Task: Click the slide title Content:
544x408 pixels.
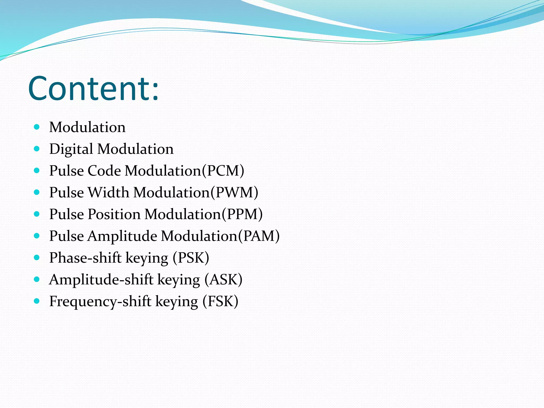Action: [93, 89]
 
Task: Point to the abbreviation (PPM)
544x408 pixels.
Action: [242, 214]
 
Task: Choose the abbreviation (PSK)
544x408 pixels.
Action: [191, 258]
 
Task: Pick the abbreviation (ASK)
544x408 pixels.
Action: [223, 279]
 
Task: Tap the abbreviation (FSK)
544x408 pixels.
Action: [220, 301]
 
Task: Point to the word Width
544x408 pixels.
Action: [108, 192]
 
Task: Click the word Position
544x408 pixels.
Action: [114, 214]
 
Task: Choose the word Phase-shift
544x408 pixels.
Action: [85, 258]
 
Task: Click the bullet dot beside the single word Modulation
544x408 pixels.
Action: [37, 127]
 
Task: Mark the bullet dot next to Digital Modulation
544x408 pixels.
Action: [37, 149]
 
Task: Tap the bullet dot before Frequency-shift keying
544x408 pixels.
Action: [37, 301]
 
